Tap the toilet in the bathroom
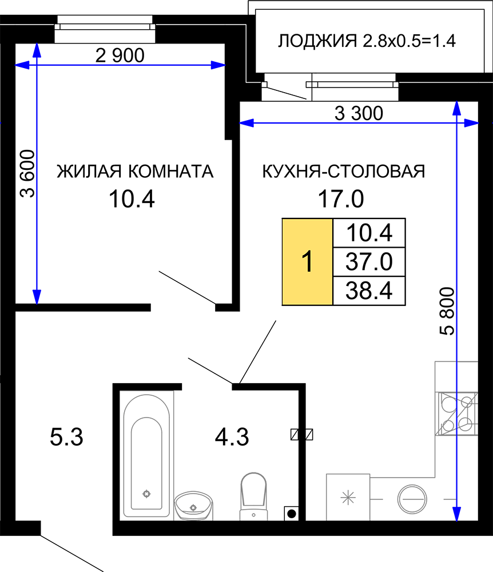click(x=254, y=496)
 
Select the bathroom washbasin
click(x=193, y=506)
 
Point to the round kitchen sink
click(x=412, y=499)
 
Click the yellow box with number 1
click(x=307, y=261)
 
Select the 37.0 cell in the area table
click(x=369, y=261)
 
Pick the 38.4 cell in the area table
click(x=369, y=291)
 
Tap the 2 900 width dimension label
click(x=120, y=55)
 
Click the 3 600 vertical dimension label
click(x=27, y=174)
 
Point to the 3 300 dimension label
click(x=359, y=113)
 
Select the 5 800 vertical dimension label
click(x=447, y=311)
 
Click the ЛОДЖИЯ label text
click(x=317, y=41)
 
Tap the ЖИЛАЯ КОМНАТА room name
click(x=135, y=172)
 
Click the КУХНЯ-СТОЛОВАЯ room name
click(x=344, y=172)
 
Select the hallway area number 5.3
click(x=66, y=437)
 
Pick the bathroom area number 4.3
click(x=232, y=437)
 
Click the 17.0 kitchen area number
click(x=341, y=199)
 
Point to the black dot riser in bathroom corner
click(x=292, y=514)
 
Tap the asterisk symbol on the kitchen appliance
click(x=348, y=498)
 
